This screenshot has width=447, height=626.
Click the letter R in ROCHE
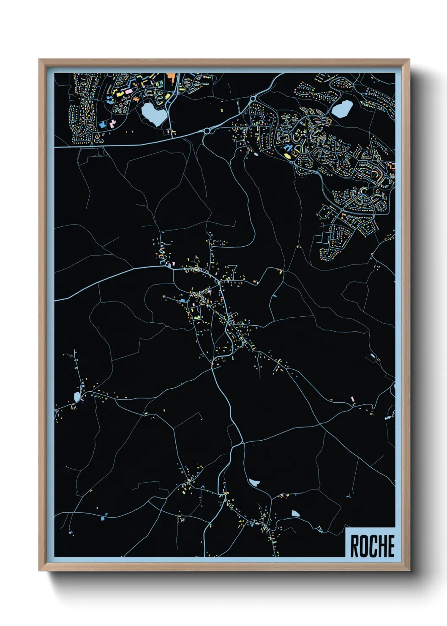(x=355, y=546)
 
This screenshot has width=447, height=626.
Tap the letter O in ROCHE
(x=363, y=546)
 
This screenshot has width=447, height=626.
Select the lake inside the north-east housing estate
(x=342, y=109)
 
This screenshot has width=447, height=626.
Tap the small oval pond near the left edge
(x=76, y=397)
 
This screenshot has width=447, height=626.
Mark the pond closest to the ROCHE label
(x=295, y=513)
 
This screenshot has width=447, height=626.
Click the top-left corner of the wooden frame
(x=39, y=60)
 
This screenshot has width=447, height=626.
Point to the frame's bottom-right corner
(x=409, y=571)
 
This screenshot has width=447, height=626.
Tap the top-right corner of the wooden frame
(x=409, y=60)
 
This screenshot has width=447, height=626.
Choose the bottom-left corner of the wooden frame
(x=39, y=571)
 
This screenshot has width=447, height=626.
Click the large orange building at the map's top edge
(x=171, y=76)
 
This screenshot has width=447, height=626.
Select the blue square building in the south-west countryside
(x=103, y=518)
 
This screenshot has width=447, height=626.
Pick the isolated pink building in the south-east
(x=353, y=399)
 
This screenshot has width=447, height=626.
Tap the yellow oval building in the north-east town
(x=287, y=156)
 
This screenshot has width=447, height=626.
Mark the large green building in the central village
(x=196, y=316)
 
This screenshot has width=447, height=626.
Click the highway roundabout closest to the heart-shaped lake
(x=207, y=132)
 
